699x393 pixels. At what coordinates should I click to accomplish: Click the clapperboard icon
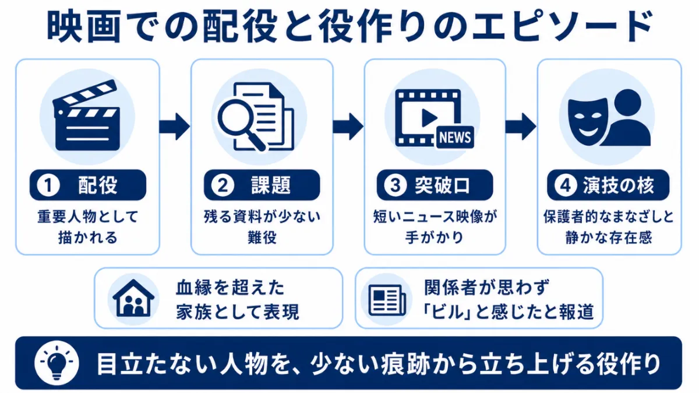point(86,115)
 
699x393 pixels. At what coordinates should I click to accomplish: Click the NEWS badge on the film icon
point(455,138)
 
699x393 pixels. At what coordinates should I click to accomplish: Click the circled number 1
point(48,185)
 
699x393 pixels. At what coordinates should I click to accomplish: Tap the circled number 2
point(223,185)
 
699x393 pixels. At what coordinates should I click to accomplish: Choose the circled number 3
point(396,185)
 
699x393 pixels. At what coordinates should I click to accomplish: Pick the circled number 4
point(566,185)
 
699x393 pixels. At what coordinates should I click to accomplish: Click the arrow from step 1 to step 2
point(174,127)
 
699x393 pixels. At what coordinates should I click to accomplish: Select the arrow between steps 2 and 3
point(348,127)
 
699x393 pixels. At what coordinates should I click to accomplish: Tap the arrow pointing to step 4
point(521,127)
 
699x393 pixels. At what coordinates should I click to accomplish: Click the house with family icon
point(133,299)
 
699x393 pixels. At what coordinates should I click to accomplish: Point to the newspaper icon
point(387,300)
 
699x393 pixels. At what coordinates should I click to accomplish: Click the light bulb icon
point(57,363)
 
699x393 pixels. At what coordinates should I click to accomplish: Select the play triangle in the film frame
point(429,118)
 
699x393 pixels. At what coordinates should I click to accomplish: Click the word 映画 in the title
point(84,26)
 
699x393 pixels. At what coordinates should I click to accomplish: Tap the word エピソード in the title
point(562,26)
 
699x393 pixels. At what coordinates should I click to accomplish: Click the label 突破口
point(442,185)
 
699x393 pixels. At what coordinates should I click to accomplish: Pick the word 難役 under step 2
point(262,237)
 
